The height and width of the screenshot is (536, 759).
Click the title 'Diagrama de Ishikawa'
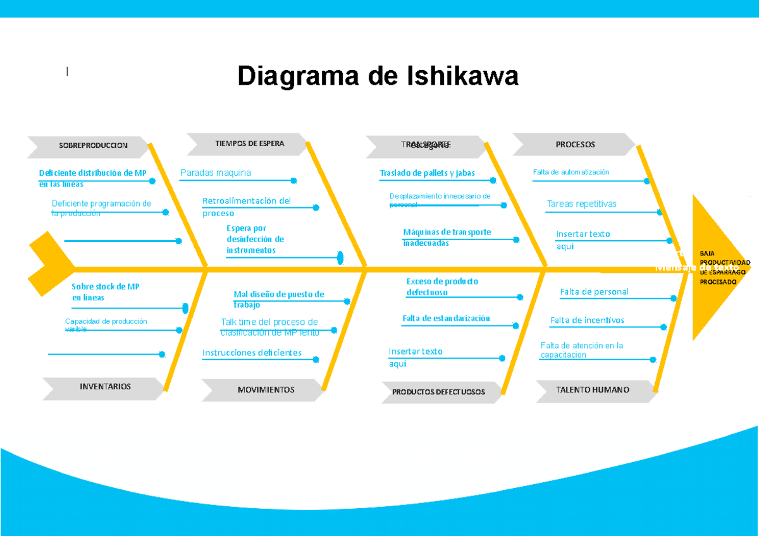(378, 76)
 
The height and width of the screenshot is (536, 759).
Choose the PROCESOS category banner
(574, 145)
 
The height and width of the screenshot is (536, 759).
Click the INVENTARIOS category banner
(104, 387)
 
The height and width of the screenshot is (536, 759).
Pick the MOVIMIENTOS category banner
(265, 390)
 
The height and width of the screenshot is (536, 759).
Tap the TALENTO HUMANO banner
(593, 390)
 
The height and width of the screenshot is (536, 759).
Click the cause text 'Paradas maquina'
(216, 173)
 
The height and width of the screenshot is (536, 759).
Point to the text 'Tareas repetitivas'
(581, 204)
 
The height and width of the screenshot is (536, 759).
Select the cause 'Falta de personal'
(594, 292)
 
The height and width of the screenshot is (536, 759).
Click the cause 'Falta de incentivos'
(587, 320)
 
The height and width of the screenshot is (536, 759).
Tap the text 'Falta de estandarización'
(446, 319)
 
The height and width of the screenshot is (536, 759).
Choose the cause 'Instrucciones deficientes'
(252, 353)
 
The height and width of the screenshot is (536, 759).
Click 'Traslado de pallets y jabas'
(427, 173)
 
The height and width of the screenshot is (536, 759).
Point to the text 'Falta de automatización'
(571, 172)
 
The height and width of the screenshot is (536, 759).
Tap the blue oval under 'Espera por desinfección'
(340, 258)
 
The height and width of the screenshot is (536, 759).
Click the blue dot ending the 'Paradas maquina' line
(293, 181)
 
